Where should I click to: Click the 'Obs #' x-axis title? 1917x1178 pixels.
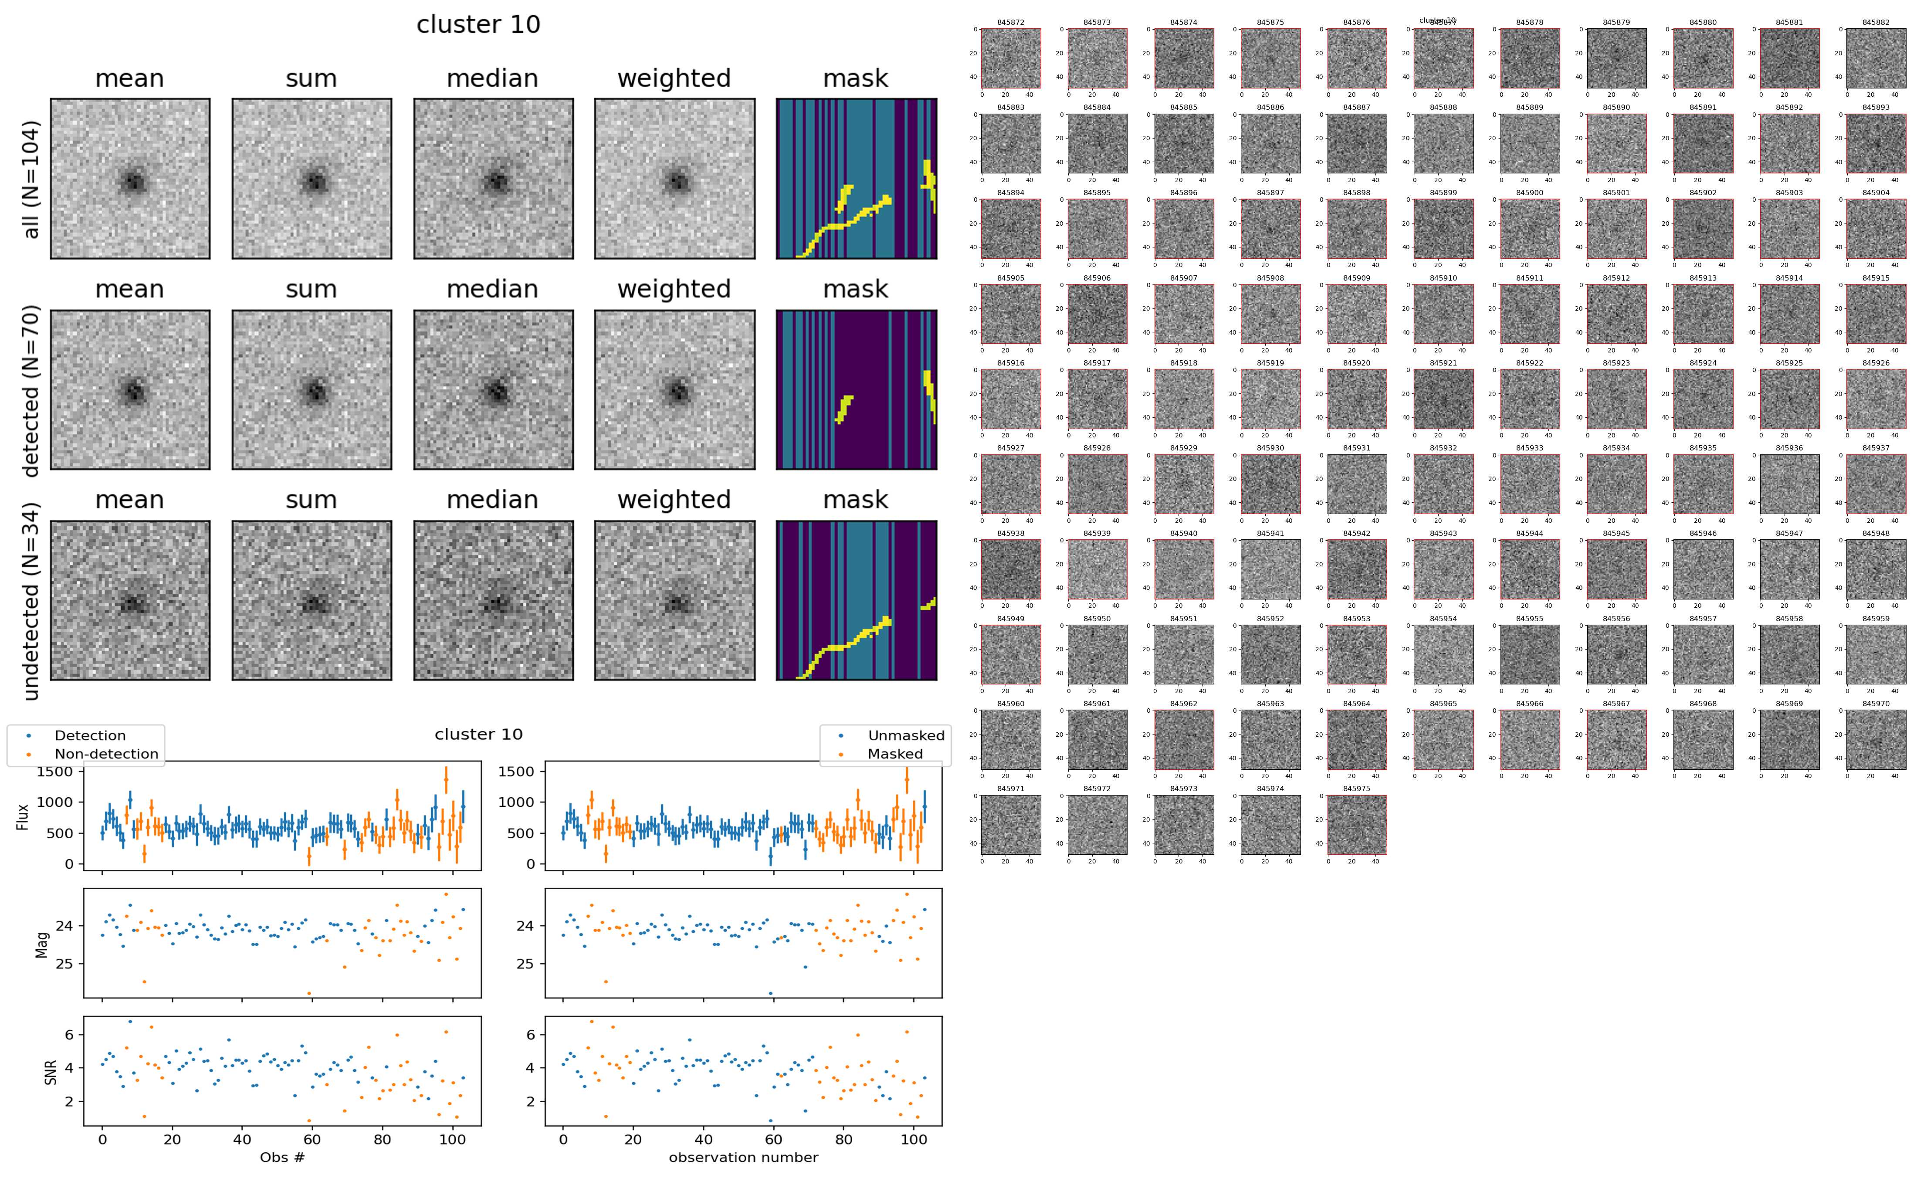click(x=282, y=1157)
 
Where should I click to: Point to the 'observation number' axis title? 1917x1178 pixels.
click(x=743, y=1157)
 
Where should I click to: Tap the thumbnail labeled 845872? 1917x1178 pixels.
click(x=1010, y=58)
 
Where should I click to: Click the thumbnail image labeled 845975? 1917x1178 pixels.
click(x=1356, y=824)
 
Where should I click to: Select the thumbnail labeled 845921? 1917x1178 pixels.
click(x=1443, y=399)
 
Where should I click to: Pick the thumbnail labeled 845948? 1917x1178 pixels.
click(x=1876, y=569)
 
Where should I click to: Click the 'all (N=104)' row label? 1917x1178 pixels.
click(x=31, y=179)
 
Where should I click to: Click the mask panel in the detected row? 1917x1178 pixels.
click(x=856, y=389)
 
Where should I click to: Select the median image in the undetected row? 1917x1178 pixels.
click(x=493, y=601)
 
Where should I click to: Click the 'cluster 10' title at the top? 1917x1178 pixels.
click(x=478, y=25)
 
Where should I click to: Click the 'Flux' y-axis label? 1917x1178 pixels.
click(x=24, y=816)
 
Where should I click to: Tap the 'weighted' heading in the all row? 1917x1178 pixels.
click(x=674, y=79)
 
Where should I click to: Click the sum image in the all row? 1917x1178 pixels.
click(x=312, y=179)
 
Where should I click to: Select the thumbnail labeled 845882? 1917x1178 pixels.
click(x=1876, y=58)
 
